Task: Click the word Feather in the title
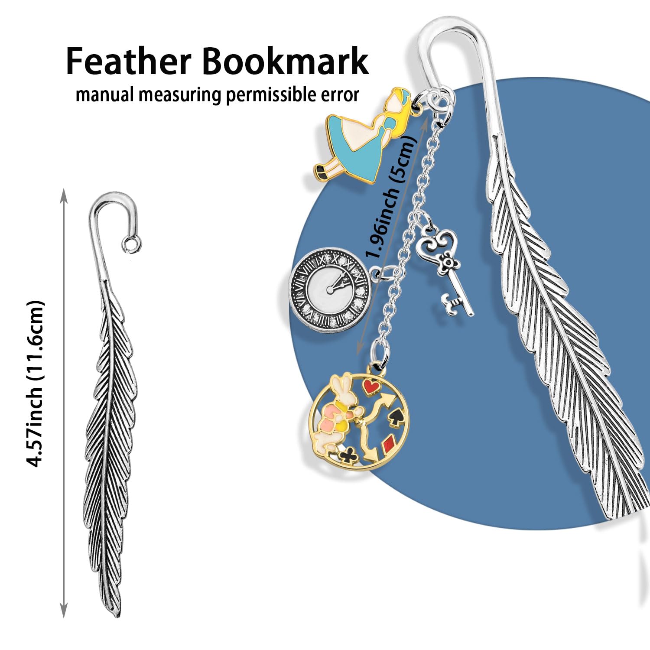coord(129,62)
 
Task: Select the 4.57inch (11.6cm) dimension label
coord(36,383)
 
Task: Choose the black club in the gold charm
coord(348,455)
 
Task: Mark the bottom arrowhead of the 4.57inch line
coord(64,611)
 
